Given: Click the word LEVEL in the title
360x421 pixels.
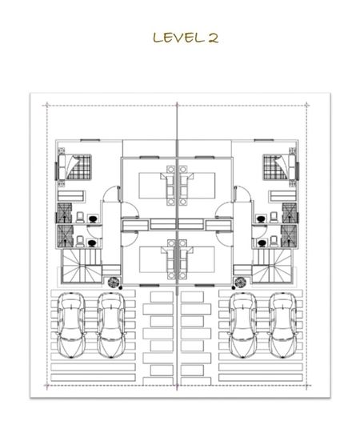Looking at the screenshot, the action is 178,38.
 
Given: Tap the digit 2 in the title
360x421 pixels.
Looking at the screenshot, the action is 213,38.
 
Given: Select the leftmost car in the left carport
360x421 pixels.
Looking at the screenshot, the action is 71,326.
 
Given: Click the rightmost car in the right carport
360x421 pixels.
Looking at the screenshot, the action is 283,326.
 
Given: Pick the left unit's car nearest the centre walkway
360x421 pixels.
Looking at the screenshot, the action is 110,326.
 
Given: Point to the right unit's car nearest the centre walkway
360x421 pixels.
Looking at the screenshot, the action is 242,326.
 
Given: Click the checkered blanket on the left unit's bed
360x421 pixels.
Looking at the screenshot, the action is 78,167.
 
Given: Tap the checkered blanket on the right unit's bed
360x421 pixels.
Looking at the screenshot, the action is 275,167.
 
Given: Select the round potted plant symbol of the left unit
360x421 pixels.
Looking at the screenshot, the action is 114,283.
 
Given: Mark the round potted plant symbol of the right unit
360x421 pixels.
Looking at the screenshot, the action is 240,283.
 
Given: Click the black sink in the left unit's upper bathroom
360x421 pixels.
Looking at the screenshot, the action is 93,219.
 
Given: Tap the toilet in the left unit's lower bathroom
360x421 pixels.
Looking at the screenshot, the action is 80,241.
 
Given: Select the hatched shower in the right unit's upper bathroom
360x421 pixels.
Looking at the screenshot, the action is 290,213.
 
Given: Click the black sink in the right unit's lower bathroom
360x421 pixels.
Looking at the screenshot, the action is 262,243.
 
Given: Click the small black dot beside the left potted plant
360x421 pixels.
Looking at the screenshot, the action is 121,288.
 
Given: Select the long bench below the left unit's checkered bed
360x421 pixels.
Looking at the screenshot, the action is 71,196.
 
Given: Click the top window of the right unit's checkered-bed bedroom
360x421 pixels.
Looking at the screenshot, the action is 264,140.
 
